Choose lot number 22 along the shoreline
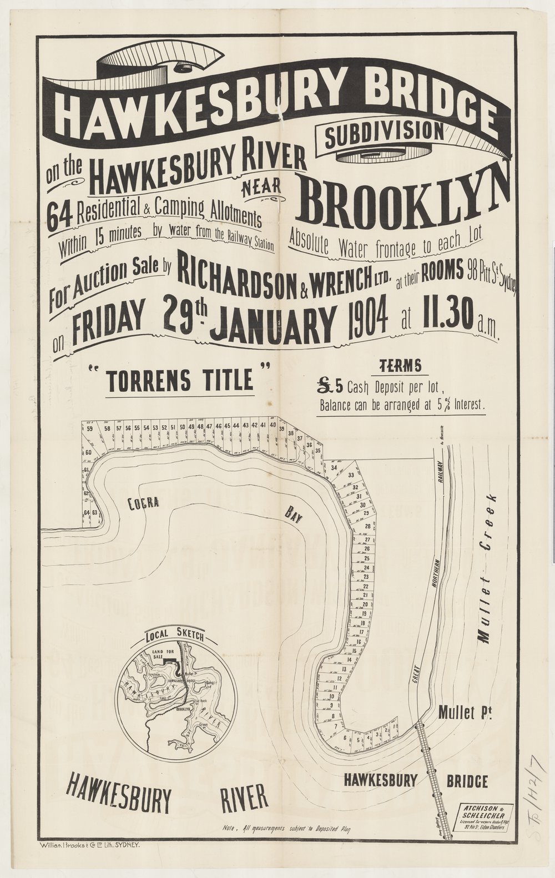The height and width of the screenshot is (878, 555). (366, 586)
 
